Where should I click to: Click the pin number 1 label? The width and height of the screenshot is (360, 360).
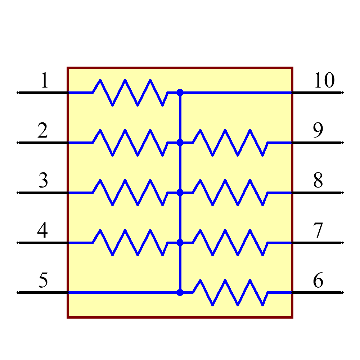[44, 81]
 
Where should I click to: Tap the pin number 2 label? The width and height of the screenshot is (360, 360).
[42, 131]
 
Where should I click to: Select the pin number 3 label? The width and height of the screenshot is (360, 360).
[43, 181]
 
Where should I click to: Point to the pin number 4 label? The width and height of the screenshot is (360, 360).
[42, 231]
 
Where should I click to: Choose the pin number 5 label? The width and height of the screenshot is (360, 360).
[43, 280]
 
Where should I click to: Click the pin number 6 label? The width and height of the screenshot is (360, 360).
[318, 280]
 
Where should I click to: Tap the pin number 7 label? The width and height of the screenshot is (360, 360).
[318, 231]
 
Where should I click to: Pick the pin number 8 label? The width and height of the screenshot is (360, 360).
[318, 181]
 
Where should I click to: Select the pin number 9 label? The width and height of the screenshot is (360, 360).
[318, 131]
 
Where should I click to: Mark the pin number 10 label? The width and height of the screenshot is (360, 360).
[324, 81]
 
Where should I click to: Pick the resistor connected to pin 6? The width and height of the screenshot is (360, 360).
[231, 292]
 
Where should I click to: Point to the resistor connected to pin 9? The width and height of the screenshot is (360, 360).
[231, 143]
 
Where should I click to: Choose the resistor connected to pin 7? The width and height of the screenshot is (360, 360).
[231, 243]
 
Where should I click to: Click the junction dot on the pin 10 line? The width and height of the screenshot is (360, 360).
[180, 93]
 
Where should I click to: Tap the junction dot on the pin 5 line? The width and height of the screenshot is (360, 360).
[180, 292]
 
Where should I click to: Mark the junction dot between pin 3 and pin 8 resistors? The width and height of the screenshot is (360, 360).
[180, 193]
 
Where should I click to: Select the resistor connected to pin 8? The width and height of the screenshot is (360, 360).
[231, 193]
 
